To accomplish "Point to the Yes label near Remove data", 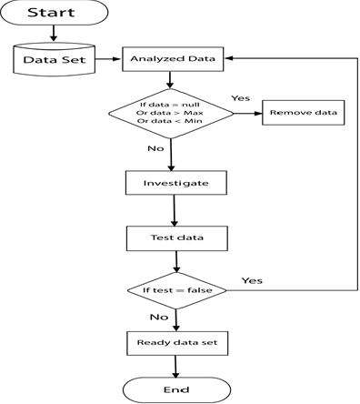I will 241,97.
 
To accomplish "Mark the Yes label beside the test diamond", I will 254,280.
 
